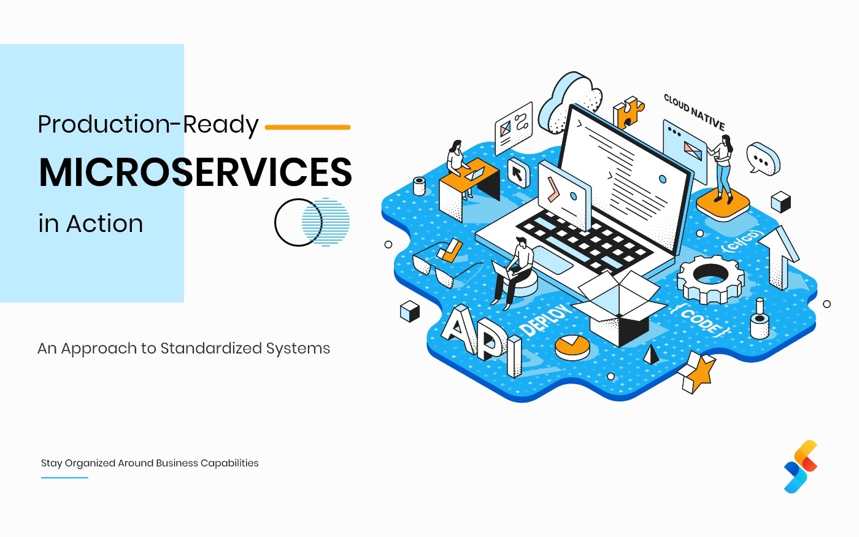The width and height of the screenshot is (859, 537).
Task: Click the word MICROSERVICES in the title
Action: click(195, 172)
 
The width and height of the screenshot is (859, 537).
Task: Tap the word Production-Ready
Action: click(148, 125)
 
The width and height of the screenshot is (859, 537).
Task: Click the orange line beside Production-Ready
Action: click(307, 128)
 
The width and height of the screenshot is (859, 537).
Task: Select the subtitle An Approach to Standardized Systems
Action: click(183, 349)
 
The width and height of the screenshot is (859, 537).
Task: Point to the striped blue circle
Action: click(326, 222)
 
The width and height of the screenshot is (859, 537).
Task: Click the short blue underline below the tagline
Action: click(64, 477)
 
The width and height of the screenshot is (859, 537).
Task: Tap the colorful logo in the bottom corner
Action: click(801, 466)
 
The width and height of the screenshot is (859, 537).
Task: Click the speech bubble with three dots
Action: click(763, 159)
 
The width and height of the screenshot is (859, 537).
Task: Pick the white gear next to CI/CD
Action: click(710, 279)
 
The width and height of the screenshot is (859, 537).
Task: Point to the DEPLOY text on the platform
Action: click(545, 320)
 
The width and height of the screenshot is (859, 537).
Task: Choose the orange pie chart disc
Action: click(572, 347)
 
